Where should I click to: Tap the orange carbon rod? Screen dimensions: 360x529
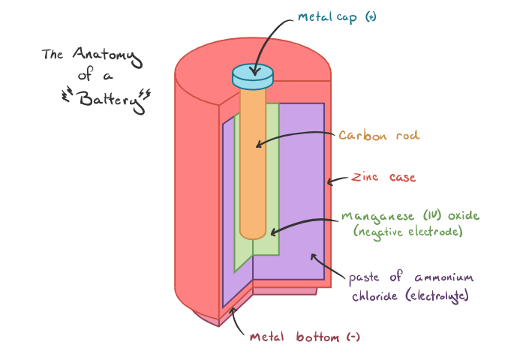[253, 165]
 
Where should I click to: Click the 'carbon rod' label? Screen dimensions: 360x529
[378, 136]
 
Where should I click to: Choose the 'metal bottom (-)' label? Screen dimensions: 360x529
[305, 337]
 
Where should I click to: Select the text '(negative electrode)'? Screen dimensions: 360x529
[406, 233]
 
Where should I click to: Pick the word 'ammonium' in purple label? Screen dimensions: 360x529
[445, 278]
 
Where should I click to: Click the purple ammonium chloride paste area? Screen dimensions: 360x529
[300, 187]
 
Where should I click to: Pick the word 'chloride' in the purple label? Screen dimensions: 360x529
[374, 295]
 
